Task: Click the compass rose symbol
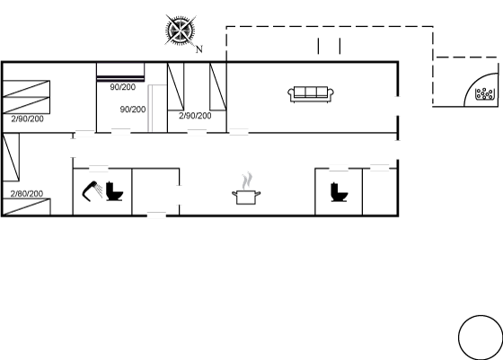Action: pyautogui.click(x=181, y=30)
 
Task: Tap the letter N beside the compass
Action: pyautogui.click(x=199, y=49)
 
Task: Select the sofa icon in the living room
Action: pyautogui.click(x=311, y=94)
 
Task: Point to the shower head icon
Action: pyautogui.click(x=92, y=191)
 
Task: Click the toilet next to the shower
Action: pyautogui.click(x=114, y=191)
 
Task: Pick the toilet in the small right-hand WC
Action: pyautogui.click(x=340, y=192)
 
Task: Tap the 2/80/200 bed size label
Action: pyautogui.click(x=27, y=194)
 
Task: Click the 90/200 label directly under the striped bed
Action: pyautogui.click(x=122, y=87)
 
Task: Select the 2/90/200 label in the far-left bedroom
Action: pyautogui.click(x=27, y=119)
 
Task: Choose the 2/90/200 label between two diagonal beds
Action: pyautogui.click(x=195, y=116)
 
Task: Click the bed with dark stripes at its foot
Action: pyautogui.click(x=120, y=72)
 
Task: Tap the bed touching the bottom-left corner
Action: pyautogui.click(x=26, y=206)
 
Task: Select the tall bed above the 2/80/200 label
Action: pyautogui.click(x=11, y=157)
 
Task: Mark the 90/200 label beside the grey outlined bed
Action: pyautogui.click(x=133, y=110)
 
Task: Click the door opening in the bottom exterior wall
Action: pyautogui.click(x=156, y=215)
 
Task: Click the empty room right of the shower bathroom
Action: pyautogui.click(x=155, y=192)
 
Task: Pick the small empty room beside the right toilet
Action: pyautogui.click(x=380, y=192)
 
